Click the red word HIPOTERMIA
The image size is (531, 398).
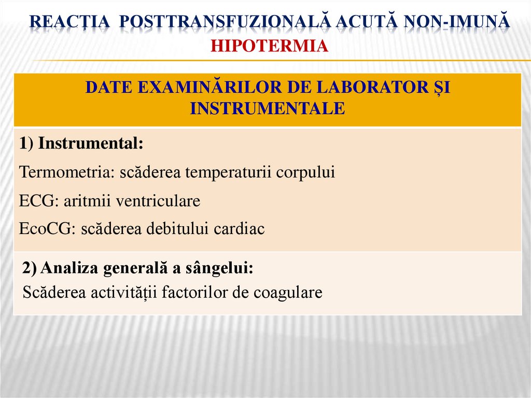[269, 46]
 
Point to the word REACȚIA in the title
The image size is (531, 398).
[69, 22]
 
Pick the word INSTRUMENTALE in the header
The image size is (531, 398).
[267, 108]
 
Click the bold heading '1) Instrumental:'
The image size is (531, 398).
[81, 143]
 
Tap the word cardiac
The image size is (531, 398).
[239, 229]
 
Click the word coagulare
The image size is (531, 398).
[288, 293]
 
